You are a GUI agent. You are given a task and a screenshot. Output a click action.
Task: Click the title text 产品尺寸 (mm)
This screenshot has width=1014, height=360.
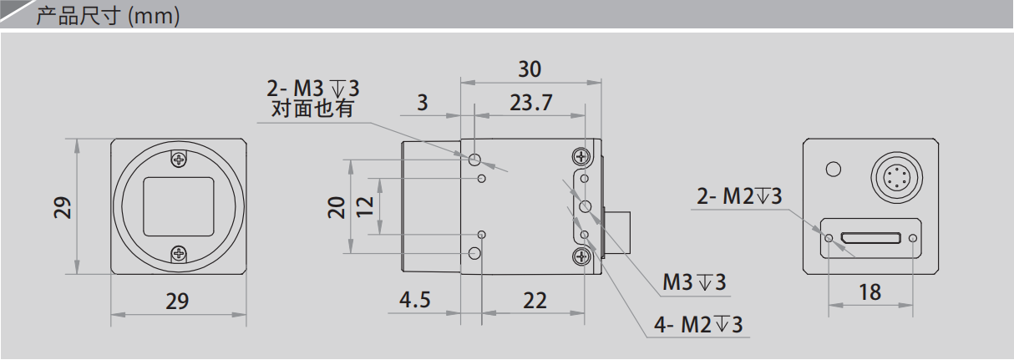[x=108, y=16]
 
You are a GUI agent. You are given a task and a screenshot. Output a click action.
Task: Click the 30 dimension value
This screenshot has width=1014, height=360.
[x=530, y=69]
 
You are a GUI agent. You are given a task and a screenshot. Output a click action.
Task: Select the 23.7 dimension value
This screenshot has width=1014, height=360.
[x=531, y=103]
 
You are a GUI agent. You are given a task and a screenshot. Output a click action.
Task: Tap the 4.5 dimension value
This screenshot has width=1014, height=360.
[x=414, y=300]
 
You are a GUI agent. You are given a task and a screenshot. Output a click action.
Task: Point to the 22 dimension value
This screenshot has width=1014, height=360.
[x=535, y=301]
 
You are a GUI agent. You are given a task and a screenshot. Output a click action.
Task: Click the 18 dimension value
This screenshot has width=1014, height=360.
[x=870, y=292]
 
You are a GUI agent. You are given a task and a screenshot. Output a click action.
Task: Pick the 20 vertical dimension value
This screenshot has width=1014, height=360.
[x=337, y=207]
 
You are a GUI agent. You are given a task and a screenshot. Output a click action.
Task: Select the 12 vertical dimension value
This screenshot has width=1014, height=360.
[x=365, y=206]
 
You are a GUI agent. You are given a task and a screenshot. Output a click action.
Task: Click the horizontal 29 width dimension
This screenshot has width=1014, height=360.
[x=177, y=302]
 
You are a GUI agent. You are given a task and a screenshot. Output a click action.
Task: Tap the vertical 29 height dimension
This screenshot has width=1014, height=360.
[x=63, y=208]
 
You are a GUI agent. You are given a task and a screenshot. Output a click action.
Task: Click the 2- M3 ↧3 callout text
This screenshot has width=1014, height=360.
[x=312, y=88]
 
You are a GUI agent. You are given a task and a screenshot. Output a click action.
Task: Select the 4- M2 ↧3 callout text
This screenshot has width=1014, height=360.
[x=698, y=325]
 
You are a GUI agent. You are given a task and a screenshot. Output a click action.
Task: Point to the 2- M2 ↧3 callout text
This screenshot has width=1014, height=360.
[x=739, y=196]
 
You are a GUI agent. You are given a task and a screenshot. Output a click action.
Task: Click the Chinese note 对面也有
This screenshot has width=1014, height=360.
[x=312, y=109]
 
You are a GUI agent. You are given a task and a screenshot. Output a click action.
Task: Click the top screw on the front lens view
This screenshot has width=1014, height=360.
[x=180, y=160]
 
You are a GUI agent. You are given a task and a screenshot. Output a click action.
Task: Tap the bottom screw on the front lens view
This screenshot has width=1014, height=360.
[x=180, y=254]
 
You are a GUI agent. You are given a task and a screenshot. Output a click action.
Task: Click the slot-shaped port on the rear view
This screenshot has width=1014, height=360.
[x=870, y=238]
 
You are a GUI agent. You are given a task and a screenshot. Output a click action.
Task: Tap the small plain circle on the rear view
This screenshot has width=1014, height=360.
[x=834, y=170]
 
